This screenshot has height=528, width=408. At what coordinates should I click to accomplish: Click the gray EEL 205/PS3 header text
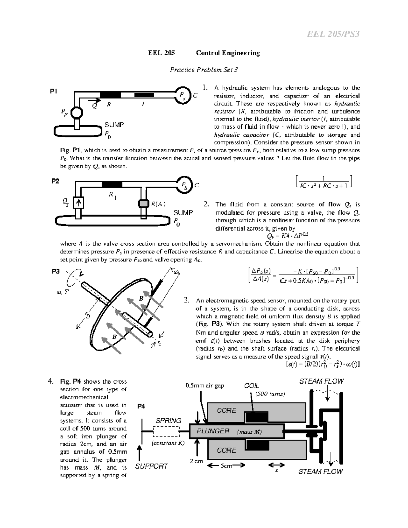[x=333, y=34]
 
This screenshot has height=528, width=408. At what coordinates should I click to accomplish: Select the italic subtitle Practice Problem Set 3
[x=204, y=70]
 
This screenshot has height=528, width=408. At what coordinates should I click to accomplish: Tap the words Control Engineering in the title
[x=228, y=53]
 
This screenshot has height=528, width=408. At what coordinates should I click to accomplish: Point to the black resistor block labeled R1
[x=112, y=185]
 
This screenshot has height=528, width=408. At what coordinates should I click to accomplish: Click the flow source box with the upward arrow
[x=79, y=203]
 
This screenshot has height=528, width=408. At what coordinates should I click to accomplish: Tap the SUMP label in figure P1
[x=114, y=125]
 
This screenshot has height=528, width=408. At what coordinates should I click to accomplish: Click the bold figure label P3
[x=56, y=271]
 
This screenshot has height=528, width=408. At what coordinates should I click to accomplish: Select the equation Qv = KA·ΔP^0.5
[x=288, y=236]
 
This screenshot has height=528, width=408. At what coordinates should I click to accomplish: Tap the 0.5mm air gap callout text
[x=205, y=386]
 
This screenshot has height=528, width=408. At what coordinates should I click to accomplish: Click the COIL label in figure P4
[x=252, y=386]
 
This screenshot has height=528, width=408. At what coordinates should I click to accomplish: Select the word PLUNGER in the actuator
[x=213, y=431]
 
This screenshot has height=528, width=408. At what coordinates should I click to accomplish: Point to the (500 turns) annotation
[x=270, y=394]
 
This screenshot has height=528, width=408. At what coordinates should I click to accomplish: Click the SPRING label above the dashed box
[x=168, y=421]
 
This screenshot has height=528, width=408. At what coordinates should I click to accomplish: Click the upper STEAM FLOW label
[x=321, y=381]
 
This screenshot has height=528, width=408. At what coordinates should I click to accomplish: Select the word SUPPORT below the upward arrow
[x=151, y=466]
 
